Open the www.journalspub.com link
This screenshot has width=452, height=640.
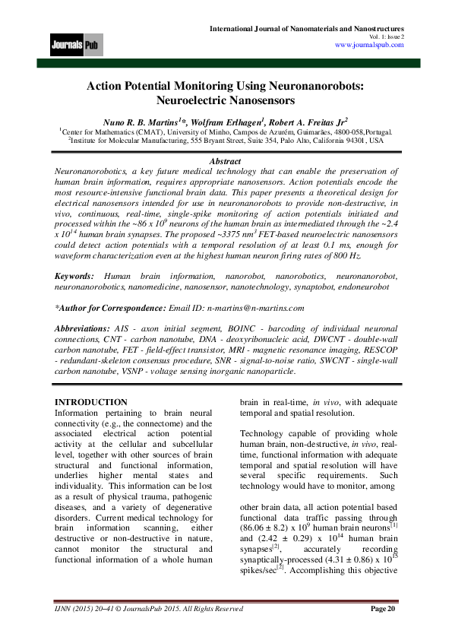[369, 45]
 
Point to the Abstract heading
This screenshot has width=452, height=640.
[225, 161]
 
